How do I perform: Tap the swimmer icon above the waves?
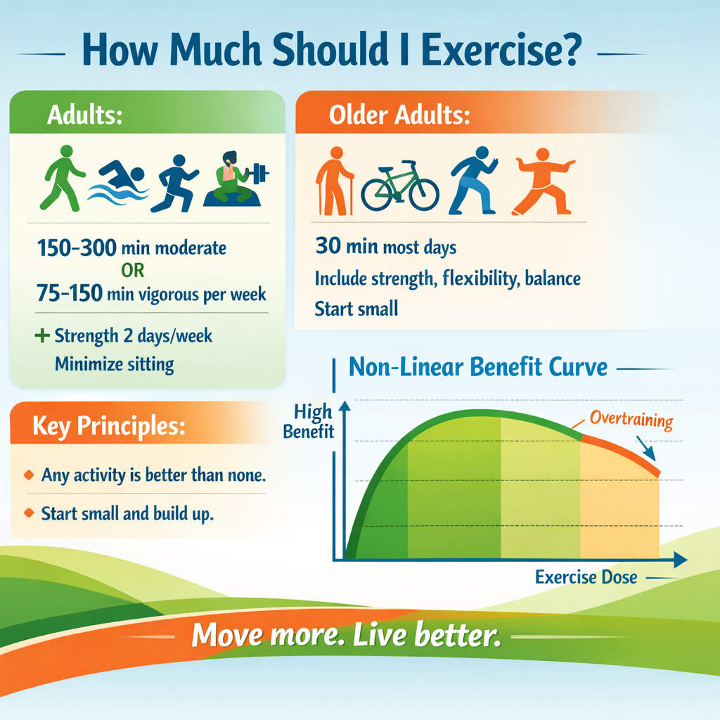122,172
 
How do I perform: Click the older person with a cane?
333,181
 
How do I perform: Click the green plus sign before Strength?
43,335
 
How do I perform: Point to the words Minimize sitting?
114,364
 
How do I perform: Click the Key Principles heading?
108,426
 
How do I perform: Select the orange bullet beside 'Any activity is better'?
29,475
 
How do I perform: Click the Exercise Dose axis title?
586,578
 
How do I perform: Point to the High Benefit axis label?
309,421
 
